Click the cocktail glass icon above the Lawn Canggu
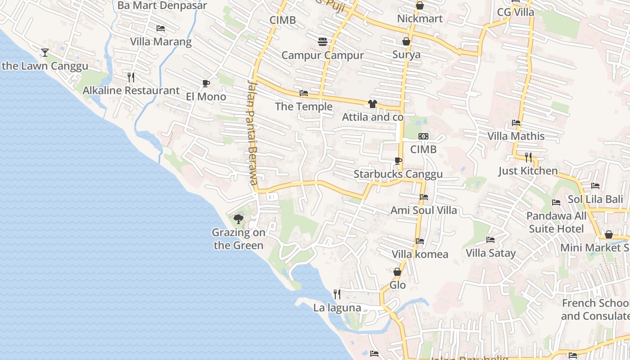point(45,53)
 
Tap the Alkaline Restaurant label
point(131,90)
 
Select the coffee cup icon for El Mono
point(206,83)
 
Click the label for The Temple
point(304,107)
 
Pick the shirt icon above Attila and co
point(372,104)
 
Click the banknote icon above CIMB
point(423,136)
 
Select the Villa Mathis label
point(516,136)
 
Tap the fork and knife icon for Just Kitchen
point(528,157)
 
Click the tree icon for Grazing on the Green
point(238,219)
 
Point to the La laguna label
point(337,308)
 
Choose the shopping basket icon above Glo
point(397,272)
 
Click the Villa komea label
point(420,254)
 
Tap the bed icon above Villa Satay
point(490,240)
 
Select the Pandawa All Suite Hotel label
point(556,222)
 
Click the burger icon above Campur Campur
point(323,42)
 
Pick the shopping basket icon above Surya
point(406,41)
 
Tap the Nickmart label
point(420,18)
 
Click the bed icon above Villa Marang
point(161,28)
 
